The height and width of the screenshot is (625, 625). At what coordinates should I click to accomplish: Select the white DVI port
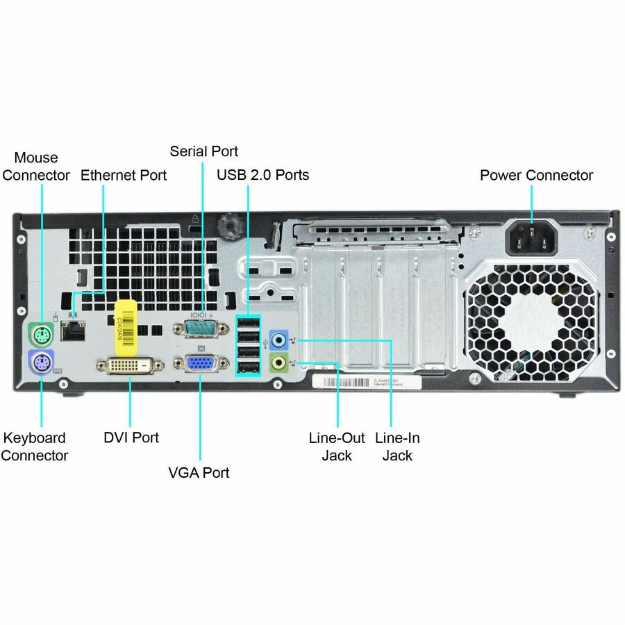click(x=130, y=367)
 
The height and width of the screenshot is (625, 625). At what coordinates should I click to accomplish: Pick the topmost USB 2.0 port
click(x=249, y=324)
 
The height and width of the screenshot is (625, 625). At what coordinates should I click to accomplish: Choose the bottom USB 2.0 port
click(x=249, y=368)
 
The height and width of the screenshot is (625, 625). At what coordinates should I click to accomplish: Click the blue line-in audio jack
click(x=278, y=340)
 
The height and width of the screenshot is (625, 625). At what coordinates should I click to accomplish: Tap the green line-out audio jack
click(x=278, y=362)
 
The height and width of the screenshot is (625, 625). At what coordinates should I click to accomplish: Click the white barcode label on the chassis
click(x=366, y=382)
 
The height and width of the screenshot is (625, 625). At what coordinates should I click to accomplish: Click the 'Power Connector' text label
click(x=536, y=175)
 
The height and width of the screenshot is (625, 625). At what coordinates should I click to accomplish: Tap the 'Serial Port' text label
click(x=203, y=151)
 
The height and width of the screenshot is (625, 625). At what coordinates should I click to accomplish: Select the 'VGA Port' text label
click(x=199, y=472)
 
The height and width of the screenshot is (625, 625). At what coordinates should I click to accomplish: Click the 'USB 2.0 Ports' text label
click(x=262, y=175)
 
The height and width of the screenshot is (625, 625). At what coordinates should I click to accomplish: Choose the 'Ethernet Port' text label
click(x=124, y=175)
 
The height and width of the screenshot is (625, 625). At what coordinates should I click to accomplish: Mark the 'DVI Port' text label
click(x=131, y=437)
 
